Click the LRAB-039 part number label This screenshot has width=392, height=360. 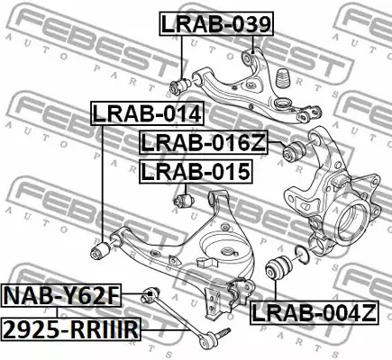pos(214,24)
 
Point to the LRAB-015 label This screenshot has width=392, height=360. pos(194,170)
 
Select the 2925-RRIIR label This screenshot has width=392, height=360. pos(70,329)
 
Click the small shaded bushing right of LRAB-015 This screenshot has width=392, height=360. pos(186,198)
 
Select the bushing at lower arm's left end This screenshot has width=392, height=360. pos(102,245)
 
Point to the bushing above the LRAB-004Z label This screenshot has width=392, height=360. pos(280,267)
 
